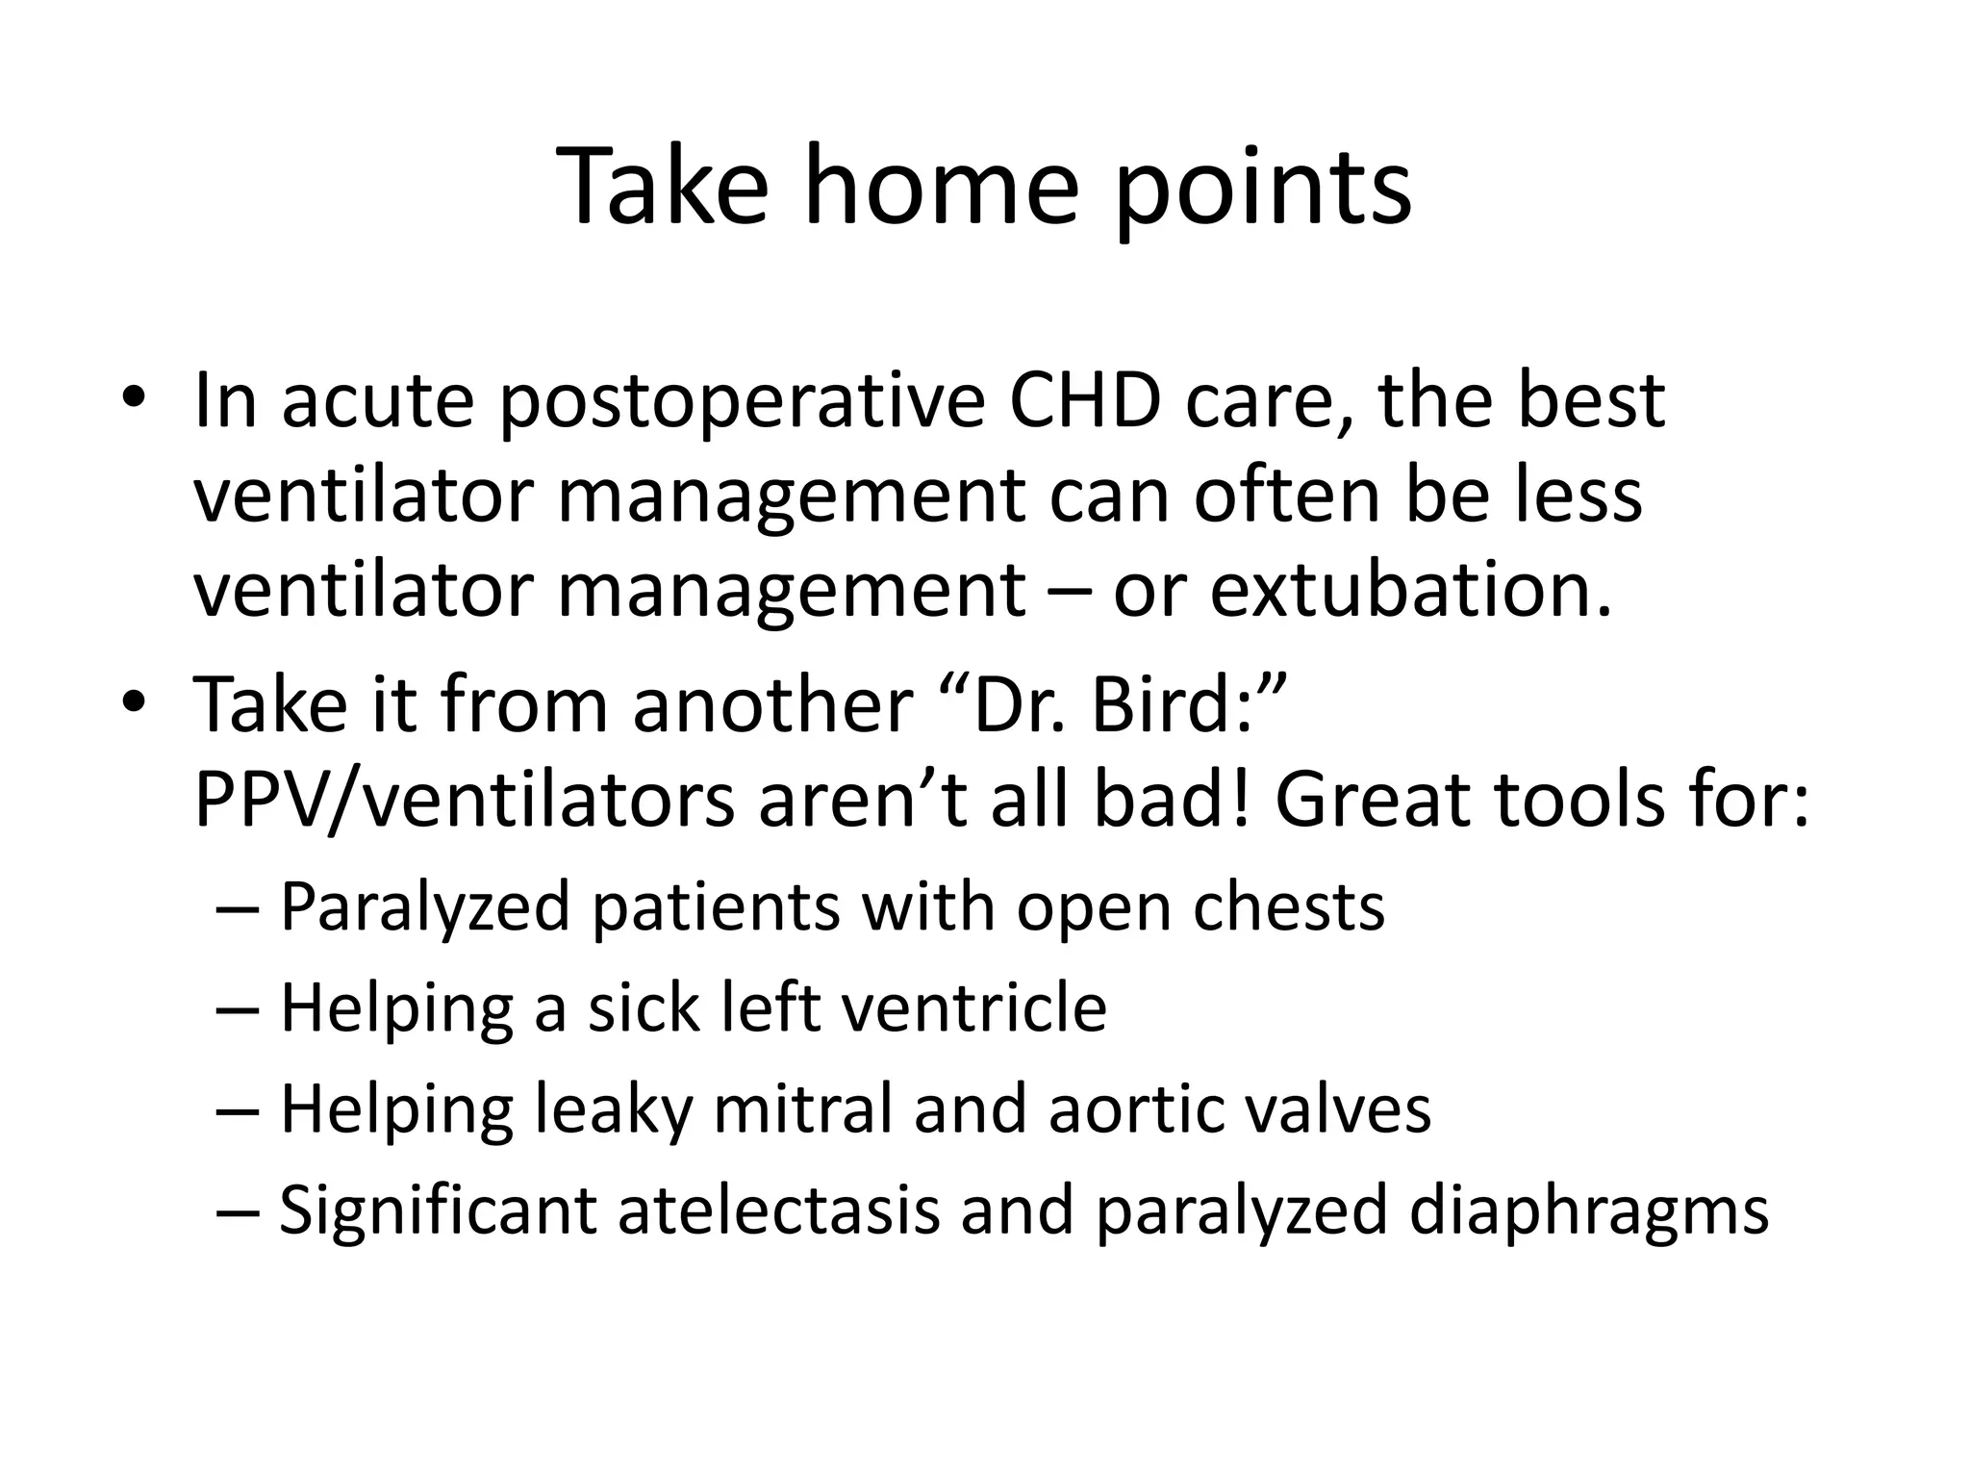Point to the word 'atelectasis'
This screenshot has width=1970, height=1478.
point(778,1210)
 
